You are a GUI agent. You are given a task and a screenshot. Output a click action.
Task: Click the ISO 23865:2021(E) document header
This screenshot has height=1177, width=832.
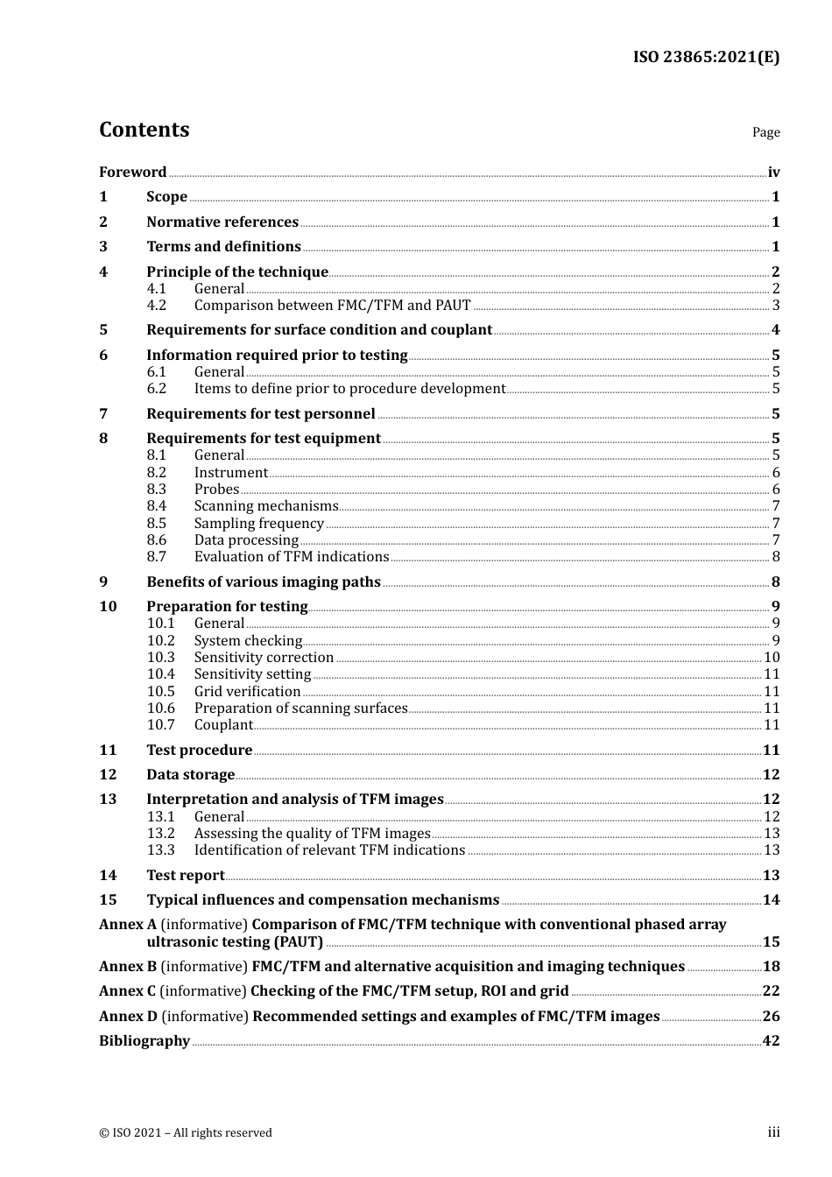tap(706, 58)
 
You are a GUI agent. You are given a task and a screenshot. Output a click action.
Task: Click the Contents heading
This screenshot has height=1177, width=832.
tap(144, 130)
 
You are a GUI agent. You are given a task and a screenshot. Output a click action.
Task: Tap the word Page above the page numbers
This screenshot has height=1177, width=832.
tap(765, 132)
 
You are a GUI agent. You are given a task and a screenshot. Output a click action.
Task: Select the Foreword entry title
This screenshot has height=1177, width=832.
tap(132, 173)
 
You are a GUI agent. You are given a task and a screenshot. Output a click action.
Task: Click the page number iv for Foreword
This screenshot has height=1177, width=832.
tap(773, 173)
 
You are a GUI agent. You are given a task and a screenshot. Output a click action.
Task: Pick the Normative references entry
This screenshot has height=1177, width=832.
tap(222, 222)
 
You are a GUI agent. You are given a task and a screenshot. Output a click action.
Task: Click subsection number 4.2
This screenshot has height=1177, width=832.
tap(156, 306)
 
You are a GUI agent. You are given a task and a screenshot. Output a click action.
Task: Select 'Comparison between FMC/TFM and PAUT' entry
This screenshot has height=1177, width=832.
tap(332, 306)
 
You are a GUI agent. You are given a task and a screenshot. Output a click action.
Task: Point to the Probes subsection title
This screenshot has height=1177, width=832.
tap(216, 490)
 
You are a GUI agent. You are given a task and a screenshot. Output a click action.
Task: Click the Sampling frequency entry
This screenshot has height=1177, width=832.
tap(258, 524)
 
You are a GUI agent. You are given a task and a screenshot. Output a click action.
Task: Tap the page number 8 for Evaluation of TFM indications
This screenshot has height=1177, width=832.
tap(776, 557)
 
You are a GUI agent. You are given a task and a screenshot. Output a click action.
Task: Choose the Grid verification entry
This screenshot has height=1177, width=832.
tap(247, 692)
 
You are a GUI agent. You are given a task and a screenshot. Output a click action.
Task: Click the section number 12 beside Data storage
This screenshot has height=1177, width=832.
tap(108, 775)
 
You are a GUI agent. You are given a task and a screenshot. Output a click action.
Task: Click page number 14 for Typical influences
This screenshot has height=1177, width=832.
tap(771, 900)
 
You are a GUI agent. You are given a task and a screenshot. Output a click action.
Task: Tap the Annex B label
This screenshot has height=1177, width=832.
tap(128, 967)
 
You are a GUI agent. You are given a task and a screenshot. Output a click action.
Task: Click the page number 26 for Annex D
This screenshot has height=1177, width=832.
tap(771, 1017)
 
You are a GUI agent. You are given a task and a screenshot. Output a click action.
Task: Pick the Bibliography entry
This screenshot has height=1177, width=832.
tap(145, 1041)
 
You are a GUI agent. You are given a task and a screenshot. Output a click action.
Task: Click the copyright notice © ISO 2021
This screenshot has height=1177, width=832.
tap(186, 1133)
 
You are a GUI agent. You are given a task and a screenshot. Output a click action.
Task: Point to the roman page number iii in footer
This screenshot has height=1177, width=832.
tap(773, 1132)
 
